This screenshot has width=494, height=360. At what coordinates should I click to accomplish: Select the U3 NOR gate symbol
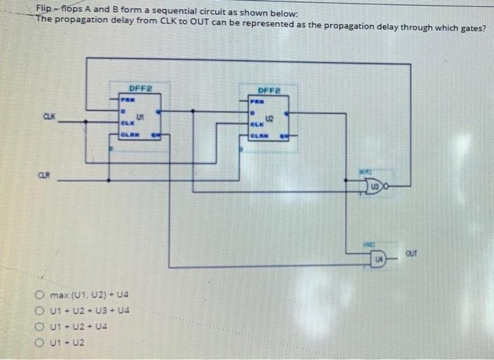(x=375, y=186)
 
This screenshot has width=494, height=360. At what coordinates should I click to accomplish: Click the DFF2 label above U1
(x=140, y=88)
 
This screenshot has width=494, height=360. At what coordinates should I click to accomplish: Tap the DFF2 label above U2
(x=270, y=91)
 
